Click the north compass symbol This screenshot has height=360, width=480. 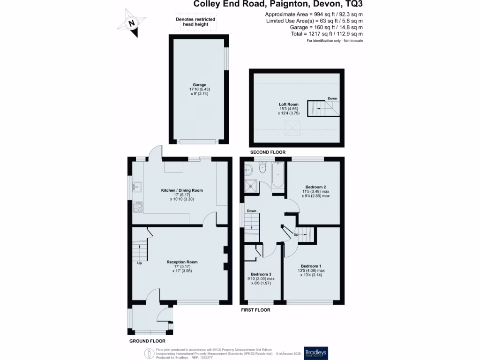click(132, 22)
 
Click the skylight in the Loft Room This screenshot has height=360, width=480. click(293, 126)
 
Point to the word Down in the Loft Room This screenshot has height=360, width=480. click(332, 98)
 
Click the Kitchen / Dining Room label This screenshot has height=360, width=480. click(182, 190)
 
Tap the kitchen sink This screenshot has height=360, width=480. click(135, 187)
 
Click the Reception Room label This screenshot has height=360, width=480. click(182, 262)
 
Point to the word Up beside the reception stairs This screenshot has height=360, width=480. click(139, 263)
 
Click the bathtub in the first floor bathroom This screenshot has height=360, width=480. click(277, 177)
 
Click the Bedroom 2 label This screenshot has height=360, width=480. click(315, 187)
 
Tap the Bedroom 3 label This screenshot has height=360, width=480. click(262, 274)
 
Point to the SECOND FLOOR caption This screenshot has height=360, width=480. click(268, 152)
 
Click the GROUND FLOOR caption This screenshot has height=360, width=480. click(147, 341)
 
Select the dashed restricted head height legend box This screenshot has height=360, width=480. click(195, 22)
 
